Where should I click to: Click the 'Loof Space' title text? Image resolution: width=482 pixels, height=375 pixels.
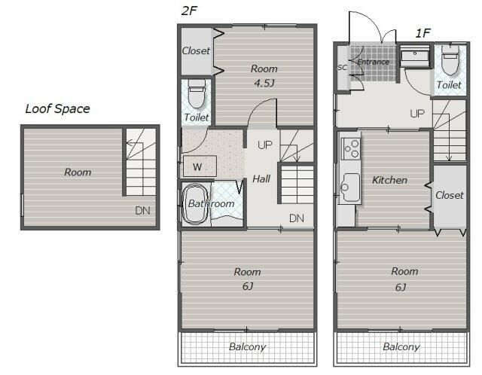(x=57, y=109)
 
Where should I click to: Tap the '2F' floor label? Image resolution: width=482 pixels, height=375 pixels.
(x=189, y=11)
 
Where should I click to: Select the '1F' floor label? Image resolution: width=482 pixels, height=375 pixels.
(x=423, y=33)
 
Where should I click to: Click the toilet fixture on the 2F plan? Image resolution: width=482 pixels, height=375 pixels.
(x=197, y=93)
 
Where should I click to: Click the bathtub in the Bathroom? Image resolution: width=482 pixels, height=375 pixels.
(x=195, y=204)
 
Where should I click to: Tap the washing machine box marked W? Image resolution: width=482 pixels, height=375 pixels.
(x=200, y=166)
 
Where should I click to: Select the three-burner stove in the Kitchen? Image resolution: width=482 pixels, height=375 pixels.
(x=351, y=148)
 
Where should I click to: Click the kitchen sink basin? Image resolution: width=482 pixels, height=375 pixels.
(x=350, y=187)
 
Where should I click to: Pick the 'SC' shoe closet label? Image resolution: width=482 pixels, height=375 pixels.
(x=342, y=67)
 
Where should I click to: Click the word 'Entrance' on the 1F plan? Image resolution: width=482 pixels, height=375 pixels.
(x=374, y=62)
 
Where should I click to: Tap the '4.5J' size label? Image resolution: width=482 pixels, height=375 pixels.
(x=264, y=84)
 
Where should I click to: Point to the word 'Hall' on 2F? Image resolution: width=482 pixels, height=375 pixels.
(x=261, y=179)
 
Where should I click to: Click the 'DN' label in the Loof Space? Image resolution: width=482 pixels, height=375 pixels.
(x=142, y=211)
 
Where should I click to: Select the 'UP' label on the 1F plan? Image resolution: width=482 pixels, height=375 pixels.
(x=417, y=114)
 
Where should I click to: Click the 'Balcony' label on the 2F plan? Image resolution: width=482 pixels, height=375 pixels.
(x=248, y=347)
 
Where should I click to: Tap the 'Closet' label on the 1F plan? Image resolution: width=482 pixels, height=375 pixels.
(x=450, y=195)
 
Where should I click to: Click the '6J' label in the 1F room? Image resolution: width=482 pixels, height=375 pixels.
(x=401, y=288)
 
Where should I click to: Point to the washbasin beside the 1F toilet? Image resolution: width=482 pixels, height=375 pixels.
(x=415, y=56)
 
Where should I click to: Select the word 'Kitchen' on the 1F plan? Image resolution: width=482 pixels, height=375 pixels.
(x=390, y=180)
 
